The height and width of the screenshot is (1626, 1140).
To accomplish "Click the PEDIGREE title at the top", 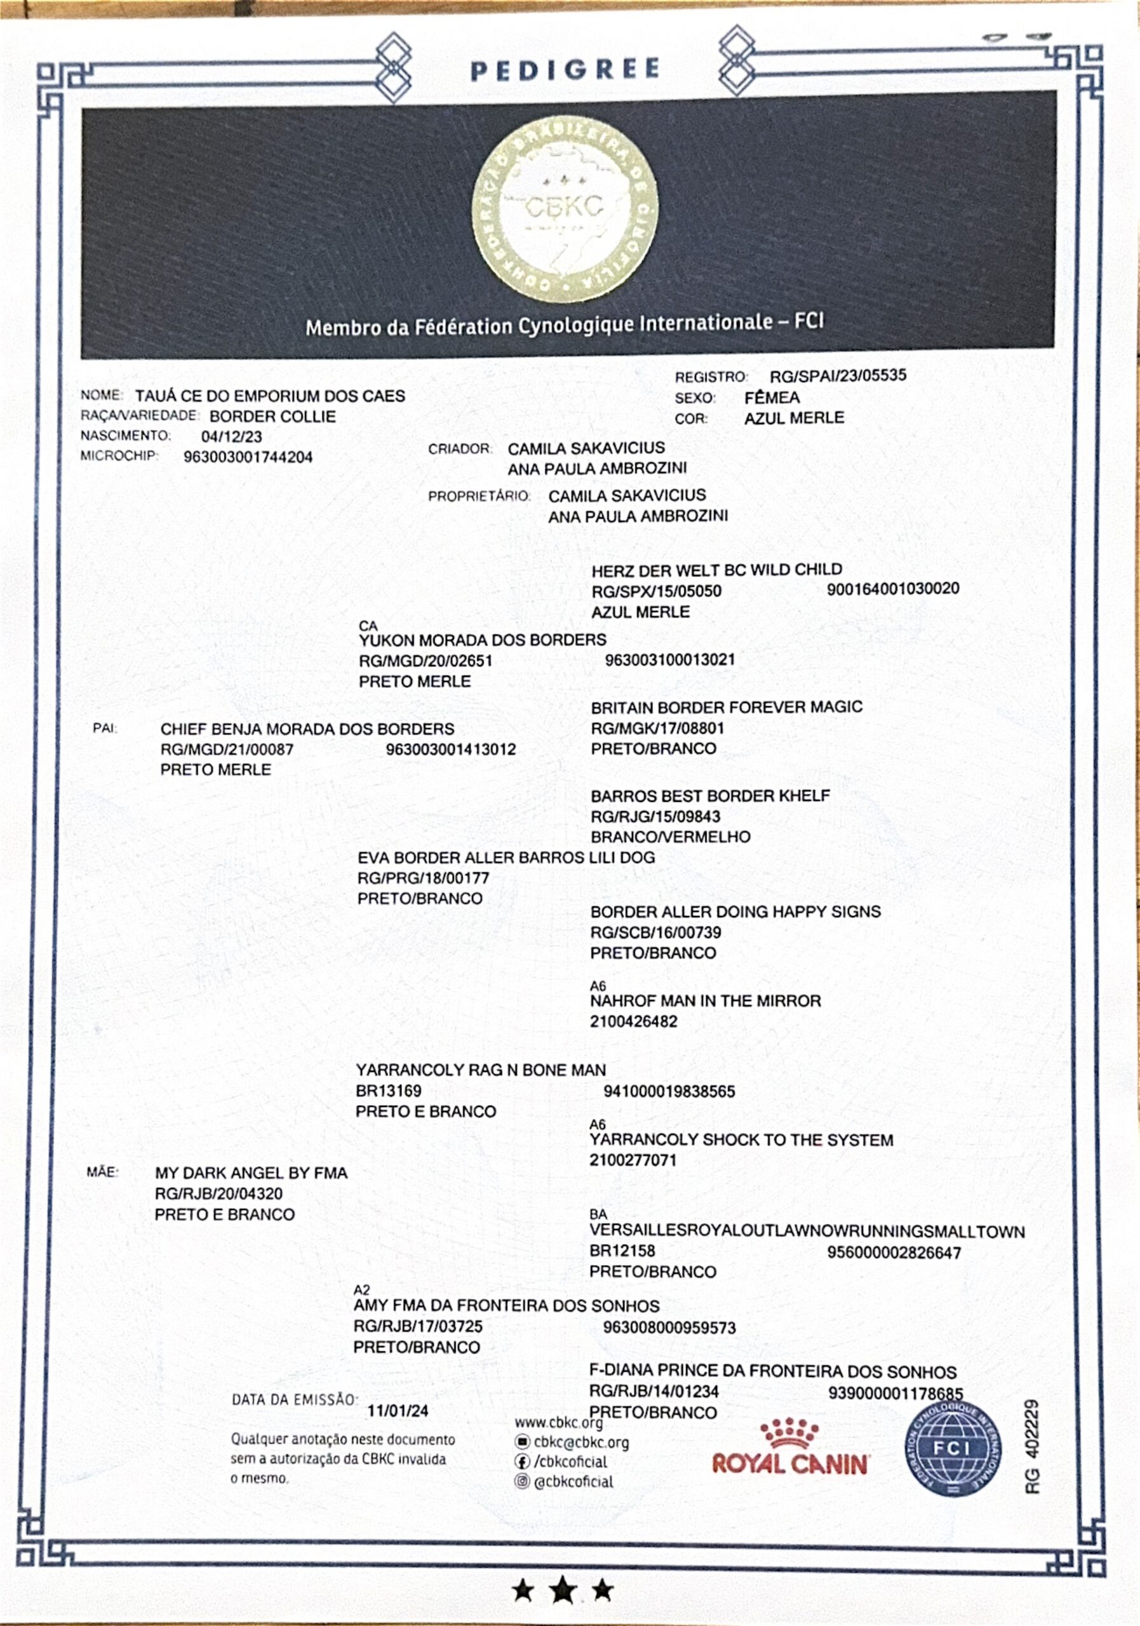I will pyautogui.click(x=565, y=69).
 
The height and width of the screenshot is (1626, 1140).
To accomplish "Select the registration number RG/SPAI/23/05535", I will pyautogui.click(x=838, y=375).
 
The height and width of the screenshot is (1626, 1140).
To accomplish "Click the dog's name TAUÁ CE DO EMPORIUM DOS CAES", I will pyautogui.click(x=270, y=396).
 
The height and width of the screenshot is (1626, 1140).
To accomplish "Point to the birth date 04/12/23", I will pyautogui.click(x=232, y=436).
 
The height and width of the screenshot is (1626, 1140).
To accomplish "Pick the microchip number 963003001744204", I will pyautogui.click(x=248, y=457).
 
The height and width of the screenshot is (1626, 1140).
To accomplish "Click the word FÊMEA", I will pyautogui.click(x=772, y=398).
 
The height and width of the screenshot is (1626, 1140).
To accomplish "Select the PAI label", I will pyautogui.click(x=105, y=728).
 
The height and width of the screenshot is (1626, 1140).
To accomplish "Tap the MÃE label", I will pyautogui.click(x=103, y=1172).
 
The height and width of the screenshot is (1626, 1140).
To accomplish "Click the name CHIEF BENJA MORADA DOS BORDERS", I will pyautogui.click(x=307, y=729).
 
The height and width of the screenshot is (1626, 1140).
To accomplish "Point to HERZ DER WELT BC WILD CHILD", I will pyautogui.click(x=716, y=570).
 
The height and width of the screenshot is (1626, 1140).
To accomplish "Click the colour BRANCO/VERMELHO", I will pyautogui.click(x=671, y=837).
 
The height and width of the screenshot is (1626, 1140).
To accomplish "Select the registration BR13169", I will pyautogui.click(x=388, y=1091).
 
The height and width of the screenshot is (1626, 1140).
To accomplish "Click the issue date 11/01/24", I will pyautogui.click(x=398, y=1411).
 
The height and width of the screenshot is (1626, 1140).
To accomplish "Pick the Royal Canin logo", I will pyautogui.click(x=790, y=1449).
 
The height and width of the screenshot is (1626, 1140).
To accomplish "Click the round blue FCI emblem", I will pyautogui.click(x=953, y=1449).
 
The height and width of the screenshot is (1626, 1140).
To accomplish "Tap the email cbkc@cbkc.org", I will pyautogui.click(x=580, y=1442).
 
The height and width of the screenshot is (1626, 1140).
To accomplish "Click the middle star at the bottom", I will pyautogui.click(x=563, y=1590).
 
